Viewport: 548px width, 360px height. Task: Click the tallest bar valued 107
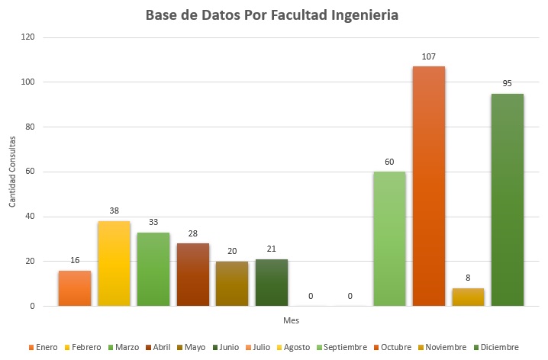click(x=429, y=186)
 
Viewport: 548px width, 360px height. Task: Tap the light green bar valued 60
click(x=389, y=239)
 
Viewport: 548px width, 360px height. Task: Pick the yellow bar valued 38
click(x=114, y=263)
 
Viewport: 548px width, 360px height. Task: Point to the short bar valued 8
click(x=468, y=297)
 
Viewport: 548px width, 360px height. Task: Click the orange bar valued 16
click(x=75, y=288)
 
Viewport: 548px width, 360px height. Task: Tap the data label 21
click(x=271, y=249)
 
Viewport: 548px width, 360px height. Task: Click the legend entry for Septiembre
click(x=343, y=347)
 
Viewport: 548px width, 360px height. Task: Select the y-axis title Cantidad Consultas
click(x=12, y=172)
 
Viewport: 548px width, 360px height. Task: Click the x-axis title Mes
click(x=291, y=321)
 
